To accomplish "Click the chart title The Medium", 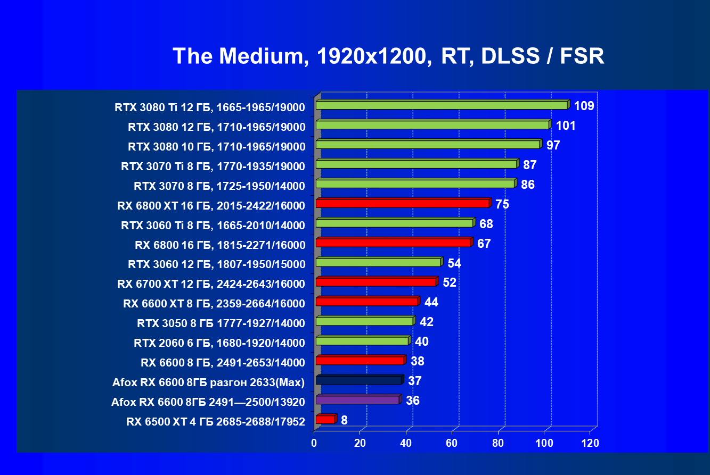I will [388, 56].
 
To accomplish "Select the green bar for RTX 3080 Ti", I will [442, 105].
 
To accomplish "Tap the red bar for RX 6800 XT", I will [402, 203].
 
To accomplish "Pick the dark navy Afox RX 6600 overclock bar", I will [358, 380].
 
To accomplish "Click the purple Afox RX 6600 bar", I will [357, 400].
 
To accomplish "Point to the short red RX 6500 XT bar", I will [325, 420].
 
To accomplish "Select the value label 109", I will [584, 106].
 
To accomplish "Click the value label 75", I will [502, 204].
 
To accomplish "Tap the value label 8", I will [345, 421].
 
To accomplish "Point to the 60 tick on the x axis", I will [452, 443].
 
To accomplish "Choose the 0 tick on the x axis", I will [314, 443].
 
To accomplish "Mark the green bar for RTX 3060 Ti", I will [394, 223].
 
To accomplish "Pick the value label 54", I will [454, 263].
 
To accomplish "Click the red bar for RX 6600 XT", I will [366, 302].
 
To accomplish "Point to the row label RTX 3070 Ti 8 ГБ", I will [213, 166].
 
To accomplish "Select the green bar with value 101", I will [432, 125].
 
